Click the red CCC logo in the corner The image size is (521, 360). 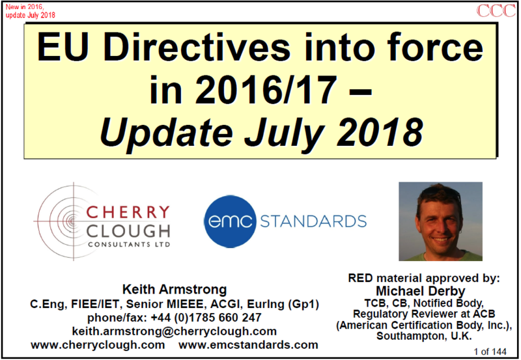pyautogui.click(x=496, y=10)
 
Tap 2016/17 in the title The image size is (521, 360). pyautogui.click(x=266, y=90)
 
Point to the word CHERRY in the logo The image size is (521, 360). pyautogui.click(x=128, y=212)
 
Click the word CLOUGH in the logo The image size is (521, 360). pyautogui.click(x=128, y=231)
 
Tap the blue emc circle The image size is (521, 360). pyautogui.click(x=231, y=221)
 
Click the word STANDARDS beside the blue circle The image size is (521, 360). pyautogui.click(x=313, y=221)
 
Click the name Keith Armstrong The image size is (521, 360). pyautogui.click(x=175, y=289)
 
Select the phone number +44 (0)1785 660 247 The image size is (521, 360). pyautogui.click(x=206, y=318)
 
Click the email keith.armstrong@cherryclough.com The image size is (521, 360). pyautogui.click(x=175, y=331)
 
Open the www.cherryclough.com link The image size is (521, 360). pyautogui.click(x=98, y=345)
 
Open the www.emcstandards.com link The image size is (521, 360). pyautogui.click(x=248, y=345)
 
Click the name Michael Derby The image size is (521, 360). pyautogui.click(x=421, y=291)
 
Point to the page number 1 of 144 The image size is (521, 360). pyautogui.click(x=490, y=352)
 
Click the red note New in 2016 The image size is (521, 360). pyautogui.click(x=25, y=7)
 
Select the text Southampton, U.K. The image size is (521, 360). pyautogui.click(x=424, y=336)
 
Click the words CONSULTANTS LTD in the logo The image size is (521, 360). pyautogui.click(x=129, y=245)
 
